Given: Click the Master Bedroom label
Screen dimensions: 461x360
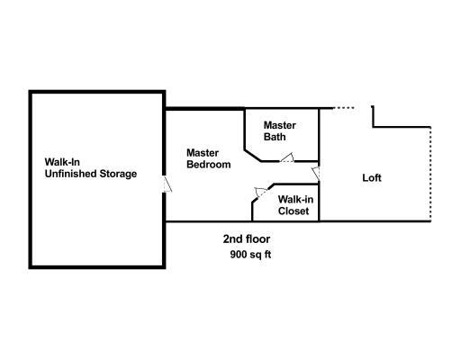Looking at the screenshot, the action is [209, 158].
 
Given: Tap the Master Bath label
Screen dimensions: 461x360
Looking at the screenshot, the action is [280, 131].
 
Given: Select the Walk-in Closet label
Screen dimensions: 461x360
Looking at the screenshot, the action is [295, 205].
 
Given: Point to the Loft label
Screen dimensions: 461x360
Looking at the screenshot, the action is [372, 178].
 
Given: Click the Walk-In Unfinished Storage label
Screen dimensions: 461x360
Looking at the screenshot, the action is [91, 168].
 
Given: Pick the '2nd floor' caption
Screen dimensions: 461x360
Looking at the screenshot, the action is [247, 239].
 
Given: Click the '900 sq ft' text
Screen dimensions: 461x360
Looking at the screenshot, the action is [250, 255].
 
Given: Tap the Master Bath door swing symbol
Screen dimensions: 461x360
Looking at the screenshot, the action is [287, 157].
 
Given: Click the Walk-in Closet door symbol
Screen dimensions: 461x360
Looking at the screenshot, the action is [261, 192].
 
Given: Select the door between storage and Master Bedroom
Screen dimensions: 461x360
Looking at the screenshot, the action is [167, 184].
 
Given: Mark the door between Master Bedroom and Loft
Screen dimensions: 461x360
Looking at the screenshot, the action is [316, 174].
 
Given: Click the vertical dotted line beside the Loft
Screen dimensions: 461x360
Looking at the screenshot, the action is [430, 174].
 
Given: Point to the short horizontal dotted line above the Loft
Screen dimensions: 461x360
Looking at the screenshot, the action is [344, 108].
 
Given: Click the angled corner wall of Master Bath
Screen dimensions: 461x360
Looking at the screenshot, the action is [253, 155].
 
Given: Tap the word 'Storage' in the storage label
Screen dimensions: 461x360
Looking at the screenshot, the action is [118, 174].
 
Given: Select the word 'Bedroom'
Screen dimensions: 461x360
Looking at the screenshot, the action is [209, 165].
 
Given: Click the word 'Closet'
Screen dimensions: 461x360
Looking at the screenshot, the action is [294, 211].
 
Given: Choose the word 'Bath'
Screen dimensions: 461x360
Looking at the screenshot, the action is [275, 137].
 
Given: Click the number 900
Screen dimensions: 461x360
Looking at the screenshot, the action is [238, 255].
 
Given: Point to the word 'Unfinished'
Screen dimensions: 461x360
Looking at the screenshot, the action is [70, 174].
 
